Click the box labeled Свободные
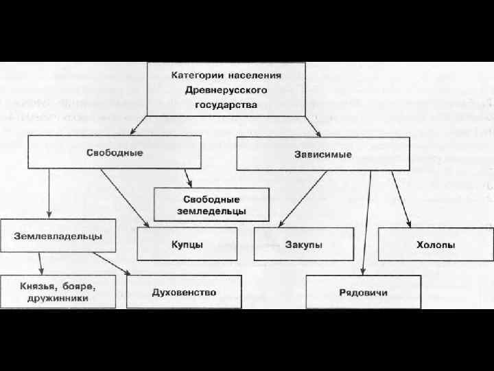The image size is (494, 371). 114,152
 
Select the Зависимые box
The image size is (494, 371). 322,154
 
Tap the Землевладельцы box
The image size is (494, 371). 58,236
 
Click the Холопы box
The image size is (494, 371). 435,245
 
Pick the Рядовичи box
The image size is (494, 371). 363,293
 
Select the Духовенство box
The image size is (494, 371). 184,292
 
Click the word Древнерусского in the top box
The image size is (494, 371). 226,90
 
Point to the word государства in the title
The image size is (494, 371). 226,105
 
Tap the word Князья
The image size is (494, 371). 34,285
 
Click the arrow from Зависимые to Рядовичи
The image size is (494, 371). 366,220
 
